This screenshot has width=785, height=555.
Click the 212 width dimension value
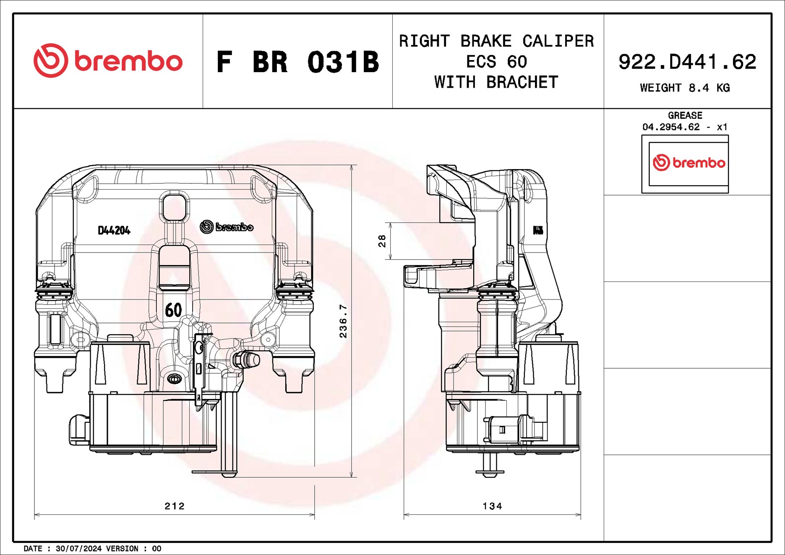175,506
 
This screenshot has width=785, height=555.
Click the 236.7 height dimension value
343,321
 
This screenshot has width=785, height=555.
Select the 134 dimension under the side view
492,506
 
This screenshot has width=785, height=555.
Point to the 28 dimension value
382,241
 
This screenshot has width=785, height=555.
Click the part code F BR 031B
297,62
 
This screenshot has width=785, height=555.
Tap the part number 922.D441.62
687,62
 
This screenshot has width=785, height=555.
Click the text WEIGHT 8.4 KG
685,88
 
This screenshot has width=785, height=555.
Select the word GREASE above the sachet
685,115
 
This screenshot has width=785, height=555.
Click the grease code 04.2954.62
671,127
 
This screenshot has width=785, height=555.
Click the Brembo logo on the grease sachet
689,163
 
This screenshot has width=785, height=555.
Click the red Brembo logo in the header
108,61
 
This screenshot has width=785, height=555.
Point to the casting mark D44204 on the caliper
114,230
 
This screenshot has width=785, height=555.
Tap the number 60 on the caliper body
173,310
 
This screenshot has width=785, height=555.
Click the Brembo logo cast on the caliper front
227,227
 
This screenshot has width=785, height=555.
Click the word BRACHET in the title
522,82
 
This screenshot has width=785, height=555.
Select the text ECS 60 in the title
496,62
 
